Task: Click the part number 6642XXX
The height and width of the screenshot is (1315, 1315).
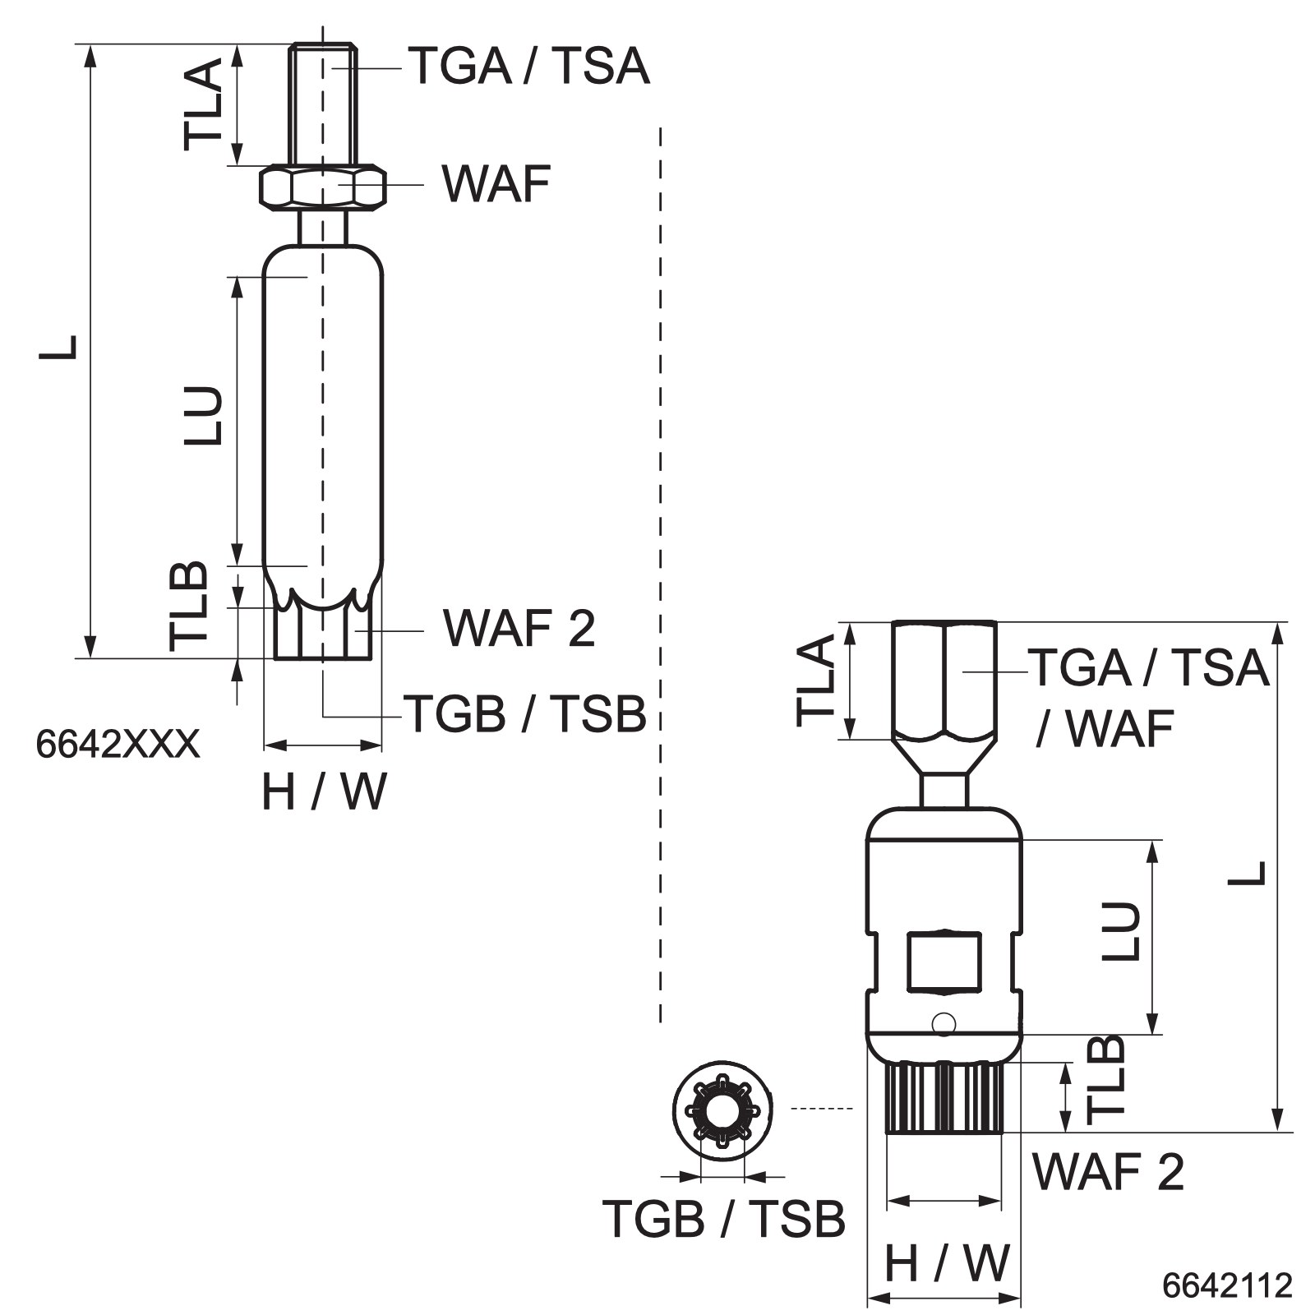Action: [x=118, y=745]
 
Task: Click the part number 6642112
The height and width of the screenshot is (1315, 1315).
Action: [x=1227, y=1285]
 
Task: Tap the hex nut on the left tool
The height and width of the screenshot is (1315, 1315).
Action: [x=323, y=187]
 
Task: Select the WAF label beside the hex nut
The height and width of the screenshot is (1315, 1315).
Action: [x=496, y=184]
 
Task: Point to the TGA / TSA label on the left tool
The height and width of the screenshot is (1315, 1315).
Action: [x=529, y=66]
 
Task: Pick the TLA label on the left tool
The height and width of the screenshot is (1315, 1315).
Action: [x=203, y=104]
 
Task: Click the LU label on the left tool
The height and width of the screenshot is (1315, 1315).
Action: [x=203, y=415]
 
